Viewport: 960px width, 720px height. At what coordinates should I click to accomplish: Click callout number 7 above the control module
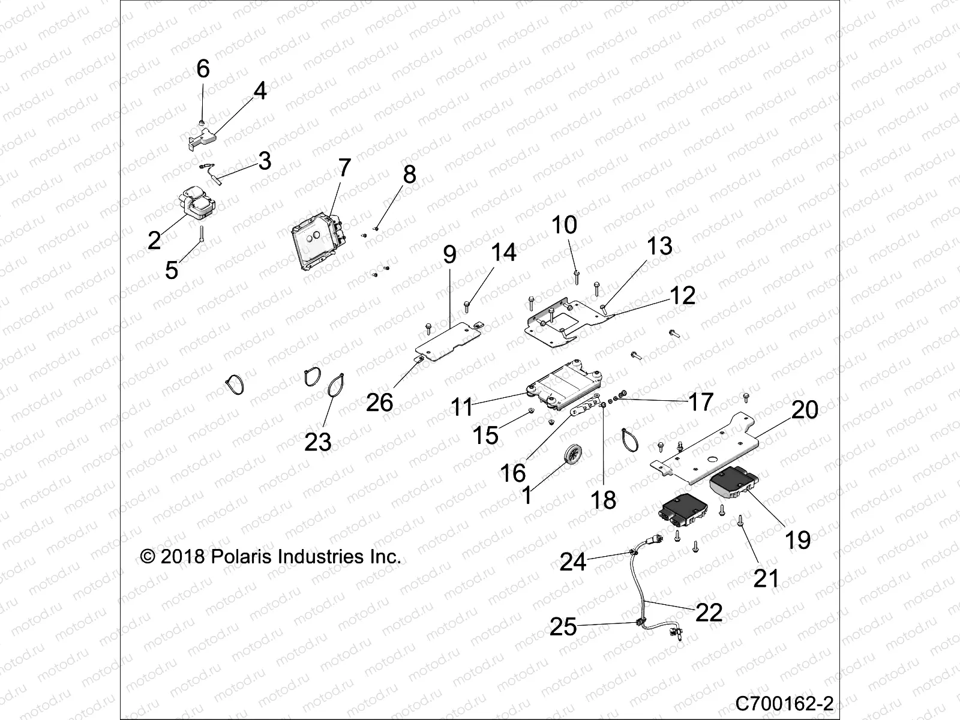[344, 167]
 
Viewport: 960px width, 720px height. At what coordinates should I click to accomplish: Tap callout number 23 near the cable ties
[318, 442]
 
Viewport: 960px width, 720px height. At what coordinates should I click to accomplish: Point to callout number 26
[380, 403]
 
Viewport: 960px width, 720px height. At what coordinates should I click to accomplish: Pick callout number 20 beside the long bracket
[805, 410]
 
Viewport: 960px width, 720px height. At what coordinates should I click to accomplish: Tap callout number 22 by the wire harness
[709, 613]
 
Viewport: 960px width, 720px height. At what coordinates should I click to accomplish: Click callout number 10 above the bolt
[564, 225]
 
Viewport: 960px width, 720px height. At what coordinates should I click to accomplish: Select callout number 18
[604, 500]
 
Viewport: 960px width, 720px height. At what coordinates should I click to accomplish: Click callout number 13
[659, 247]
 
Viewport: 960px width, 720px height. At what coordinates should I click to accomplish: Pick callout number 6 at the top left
[203, 69]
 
